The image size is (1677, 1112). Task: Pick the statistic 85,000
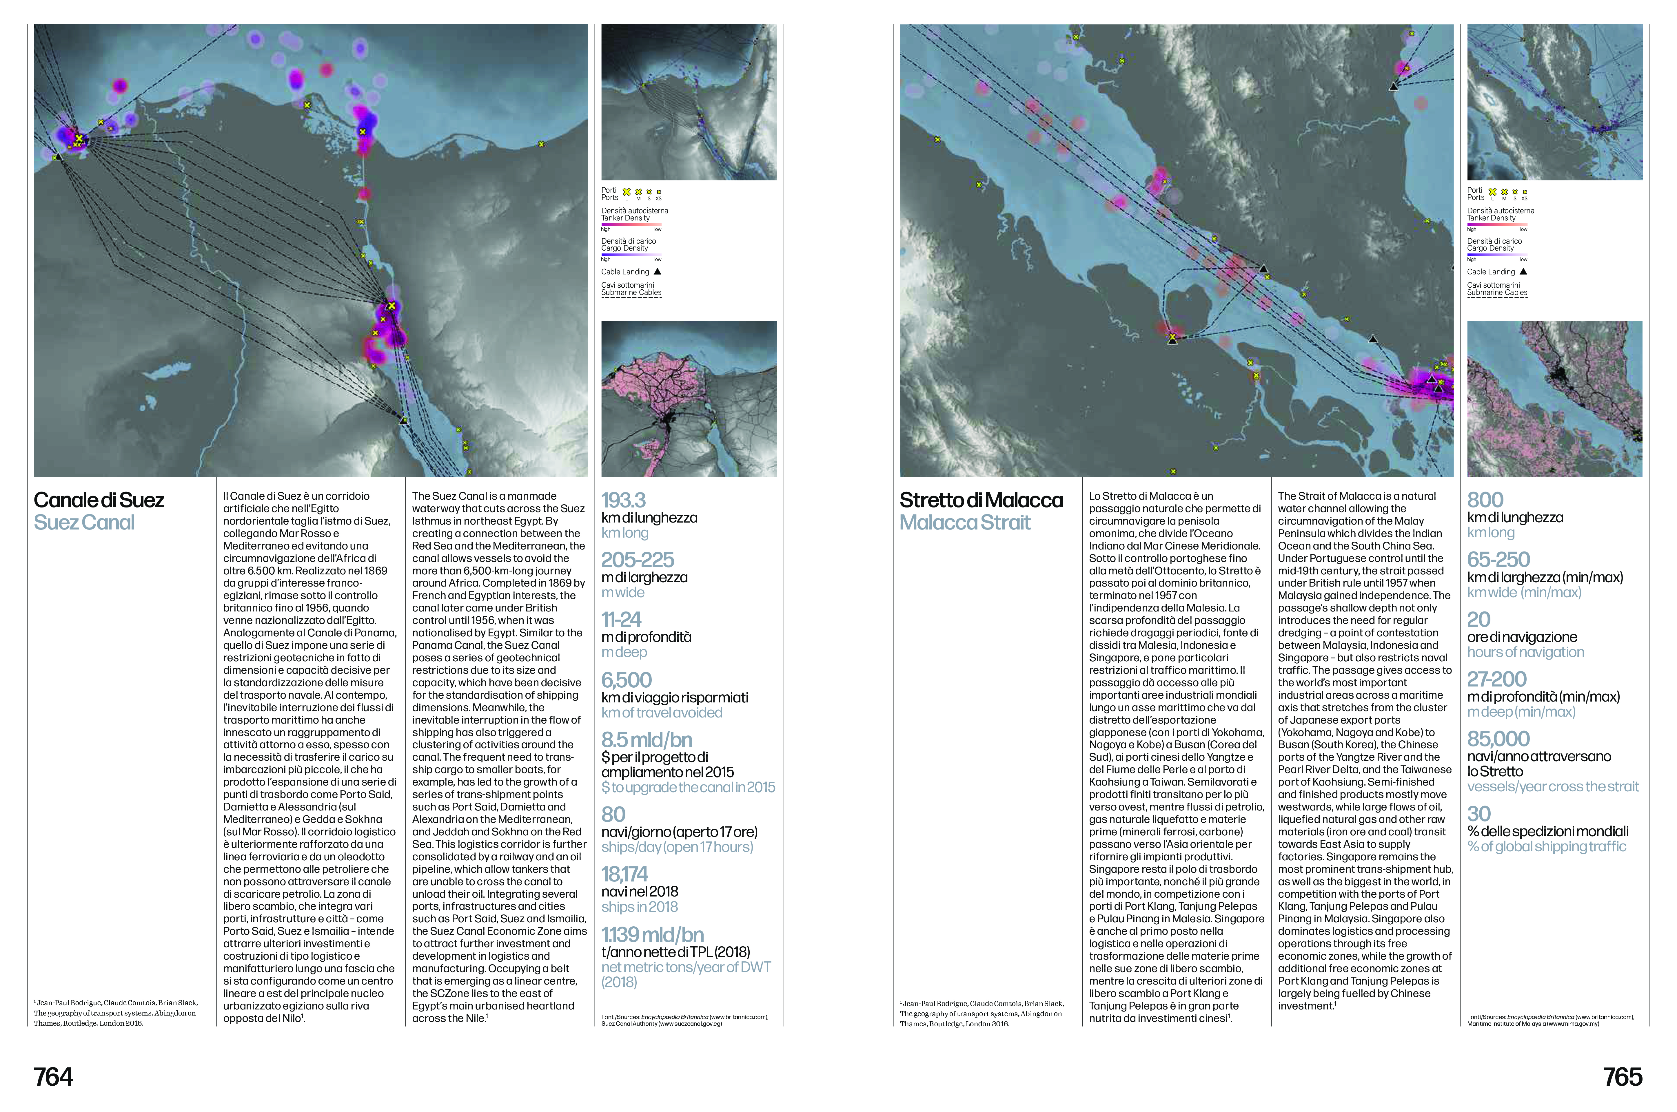[1498, 739]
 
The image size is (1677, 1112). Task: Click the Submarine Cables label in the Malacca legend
[1497, 293]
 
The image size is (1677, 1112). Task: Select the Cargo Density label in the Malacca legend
[1490, 248]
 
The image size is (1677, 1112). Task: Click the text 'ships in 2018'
[639, 907]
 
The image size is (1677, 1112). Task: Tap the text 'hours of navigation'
[1525, 652]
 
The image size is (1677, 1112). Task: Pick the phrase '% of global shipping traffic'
[1547, 847]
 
